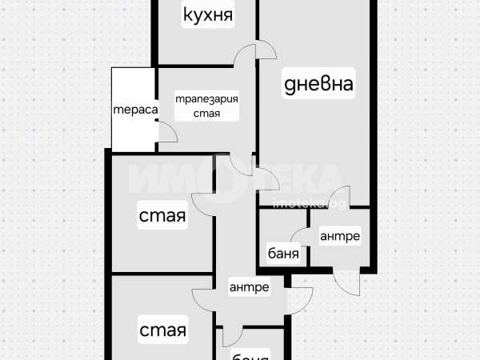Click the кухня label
[207, 14]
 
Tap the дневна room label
[318, 84]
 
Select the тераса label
[134, 110]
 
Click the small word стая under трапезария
[206, 114]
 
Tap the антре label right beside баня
[340, 236]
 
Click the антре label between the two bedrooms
[249, 287]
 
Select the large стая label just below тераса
[162, 216]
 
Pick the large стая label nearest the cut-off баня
[162, 329]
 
